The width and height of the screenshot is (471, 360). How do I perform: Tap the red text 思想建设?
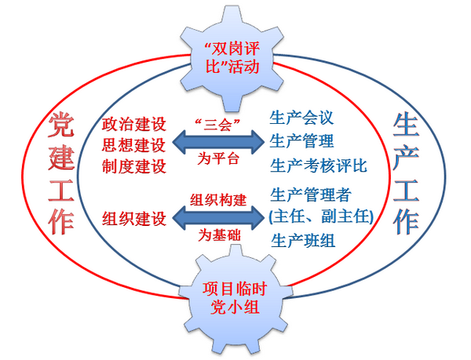134,145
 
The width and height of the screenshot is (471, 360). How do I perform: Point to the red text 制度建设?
134,165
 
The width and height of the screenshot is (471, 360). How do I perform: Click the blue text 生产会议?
302,118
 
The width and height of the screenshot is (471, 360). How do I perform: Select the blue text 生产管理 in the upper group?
302,141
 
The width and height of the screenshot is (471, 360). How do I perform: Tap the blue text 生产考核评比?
319,165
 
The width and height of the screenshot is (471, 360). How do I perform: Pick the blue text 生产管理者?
310,194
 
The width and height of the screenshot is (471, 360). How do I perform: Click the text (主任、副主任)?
320,215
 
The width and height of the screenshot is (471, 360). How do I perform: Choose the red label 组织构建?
218,198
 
